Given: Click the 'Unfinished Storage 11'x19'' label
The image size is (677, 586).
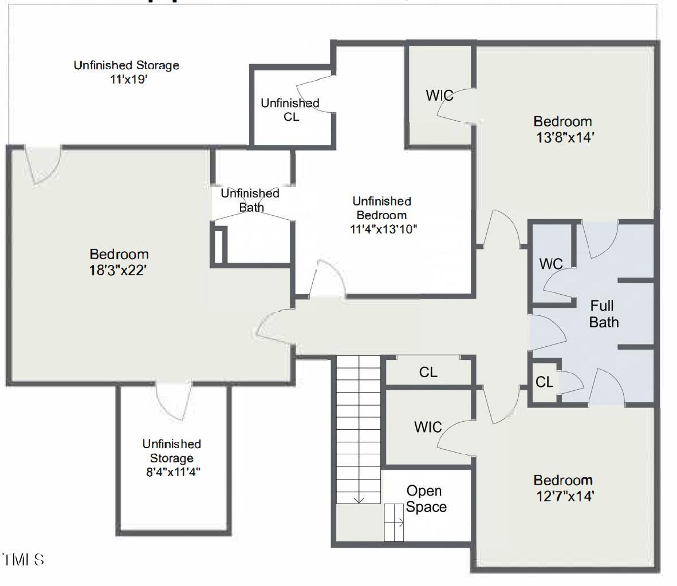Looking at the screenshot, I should [x=126, y=72].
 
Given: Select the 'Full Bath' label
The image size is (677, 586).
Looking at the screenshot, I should [x=604, y=314].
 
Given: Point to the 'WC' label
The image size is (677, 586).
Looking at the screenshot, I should [x=551, y=264].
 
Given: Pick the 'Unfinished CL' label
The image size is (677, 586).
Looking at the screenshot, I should [x=290, y=109].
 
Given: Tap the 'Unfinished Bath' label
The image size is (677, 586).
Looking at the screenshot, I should [x=250, y=200].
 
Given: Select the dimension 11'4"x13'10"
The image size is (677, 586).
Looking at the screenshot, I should [x=383, y=229].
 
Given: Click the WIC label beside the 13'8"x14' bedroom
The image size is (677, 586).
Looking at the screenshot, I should [x=439, y=96].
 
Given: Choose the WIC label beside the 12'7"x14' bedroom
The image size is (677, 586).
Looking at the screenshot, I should [x=428, y=427].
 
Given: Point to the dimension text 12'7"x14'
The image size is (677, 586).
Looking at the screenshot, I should [x=564, y=496].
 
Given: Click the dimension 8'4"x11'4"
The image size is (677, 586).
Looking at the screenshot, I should [x=172, y=473].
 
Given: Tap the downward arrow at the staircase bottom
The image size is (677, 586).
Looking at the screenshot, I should [x=359, y=499].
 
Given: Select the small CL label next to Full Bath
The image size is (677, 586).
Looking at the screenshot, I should [x=544, y=382].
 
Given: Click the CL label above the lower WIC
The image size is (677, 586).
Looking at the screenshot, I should [x=428, y=373].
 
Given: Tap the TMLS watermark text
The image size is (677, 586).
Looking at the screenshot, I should [x=23, y=559].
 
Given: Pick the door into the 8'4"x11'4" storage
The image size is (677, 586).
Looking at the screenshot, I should [x=172, y=401].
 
